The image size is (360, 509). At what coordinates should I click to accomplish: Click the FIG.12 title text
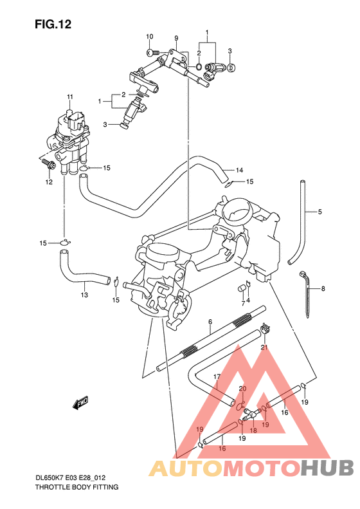[x=53, y=24]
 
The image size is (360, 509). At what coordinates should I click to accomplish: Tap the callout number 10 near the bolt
[x=149, y=36]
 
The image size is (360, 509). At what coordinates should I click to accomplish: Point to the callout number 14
[x=239, y=171]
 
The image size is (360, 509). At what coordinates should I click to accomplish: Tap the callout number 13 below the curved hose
[x=84, y=295]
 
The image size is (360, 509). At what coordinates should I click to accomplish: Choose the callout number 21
[x=264, y=347]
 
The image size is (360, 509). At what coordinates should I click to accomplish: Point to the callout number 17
[x=217, y=377]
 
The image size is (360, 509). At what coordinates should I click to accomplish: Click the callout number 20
[x=242, y=389]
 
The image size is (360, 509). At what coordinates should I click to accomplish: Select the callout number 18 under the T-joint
[x=253, y=430]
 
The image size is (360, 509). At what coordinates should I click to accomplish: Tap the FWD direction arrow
[x=80, y=403]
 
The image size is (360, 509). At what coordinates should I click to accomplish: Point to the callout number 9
[x=176, y=38]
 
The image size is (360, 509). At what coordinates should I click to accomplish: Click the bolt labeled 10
[x=152, y=51]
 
